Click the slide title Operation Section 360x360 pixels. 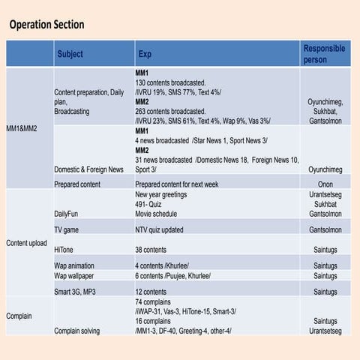pos(46,25)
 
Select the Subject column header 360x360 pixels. pos(70,54)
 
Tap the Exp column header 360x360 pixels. pos(144,54)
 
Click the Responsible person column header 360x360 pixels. pos(324,54)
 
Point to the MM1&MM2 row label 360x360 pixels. pos(22,128)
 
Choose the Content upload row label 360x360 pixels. pos(27,243)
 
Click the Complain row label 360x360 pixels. pos(19,316)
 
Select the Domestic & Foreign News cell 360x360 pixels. pos(89,169)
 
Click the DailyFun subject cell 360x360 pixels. pos(67,213)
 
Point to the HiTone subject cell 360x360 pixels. pos(64,248)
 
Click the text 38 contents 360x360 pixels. pos(151,248)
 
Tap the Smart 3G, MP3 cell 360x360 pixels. pos(74,292)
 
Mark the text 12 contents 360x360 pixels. pos(151,292)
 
